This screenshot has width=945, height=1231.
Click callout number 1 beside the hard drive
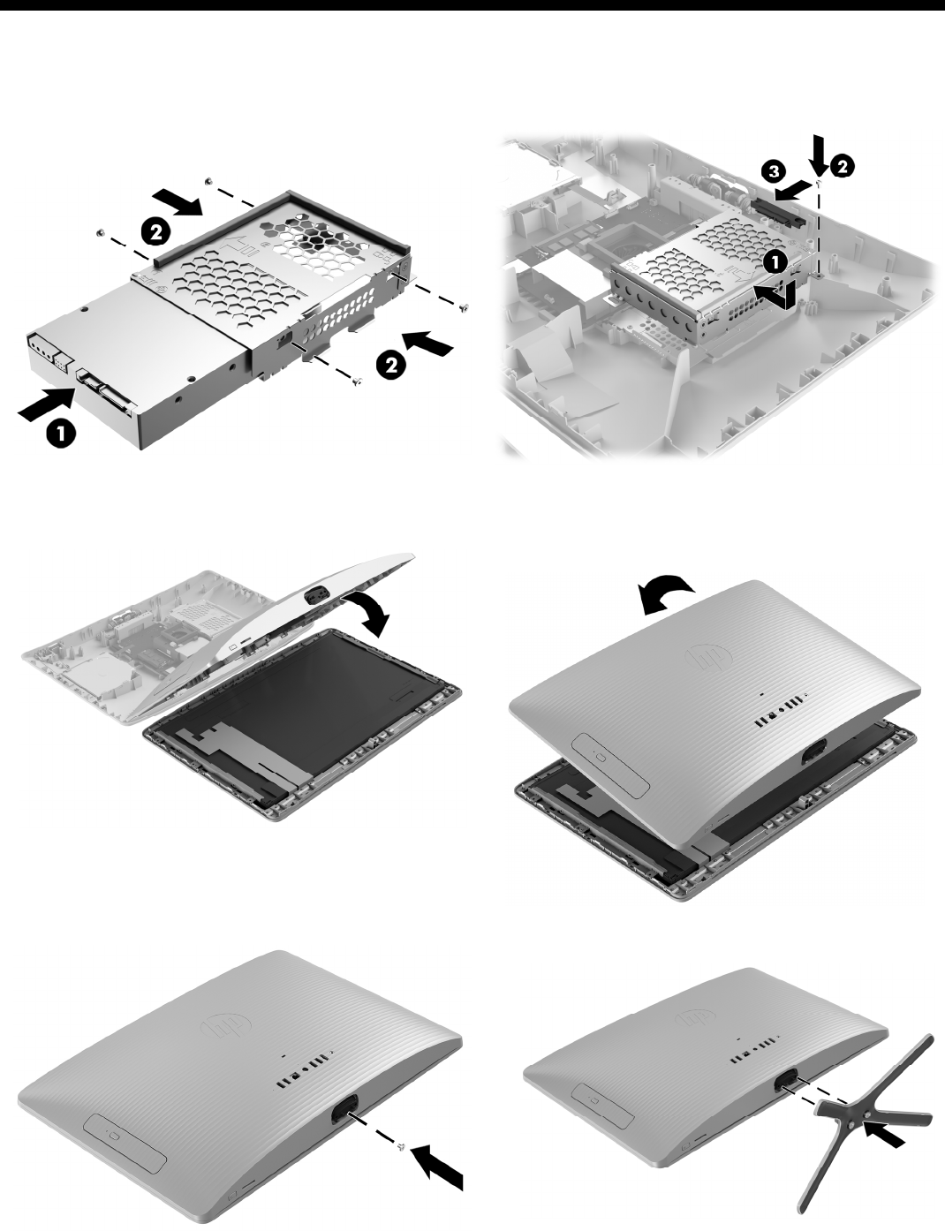coord(61,434)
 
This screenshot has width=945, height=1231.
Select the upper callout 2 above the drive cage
coord(155,233)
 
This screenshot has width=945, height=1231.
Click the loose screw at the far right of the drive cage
coord(465,307)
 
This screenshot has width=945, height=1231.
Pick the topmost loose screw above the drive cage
coord(208,181)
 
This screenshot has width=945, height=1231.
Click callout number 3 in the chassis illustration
coord(774,172)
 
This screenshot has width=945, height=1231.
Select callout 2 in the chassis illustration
coord(843,167)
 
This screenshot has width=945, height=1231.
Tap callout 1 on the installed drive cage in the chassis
coord(775,263)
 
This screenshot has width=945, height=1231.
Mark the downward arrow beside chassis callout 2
coord(819,155)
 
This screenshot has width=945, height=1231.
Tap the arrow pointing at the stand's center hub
coord(886,1133)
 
